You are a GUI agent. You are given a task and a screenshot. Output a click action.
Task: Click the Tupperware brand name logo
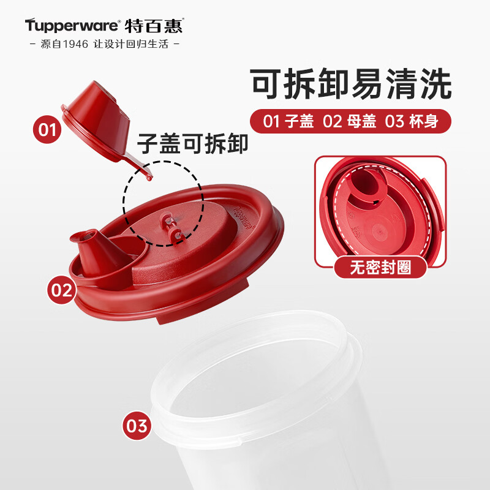(72, 25)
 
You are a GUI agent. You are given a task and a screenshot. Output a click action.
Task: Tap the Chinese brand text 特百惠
(154, 26)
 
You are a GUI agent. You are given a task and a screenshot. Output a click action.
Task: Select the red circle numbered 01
(47, 130)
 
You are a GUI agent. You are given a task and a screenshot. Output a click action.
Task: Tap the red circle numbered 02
(62, 289)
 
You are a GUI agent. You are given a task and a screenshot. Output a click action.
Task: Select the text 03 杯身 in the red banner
(412, 121)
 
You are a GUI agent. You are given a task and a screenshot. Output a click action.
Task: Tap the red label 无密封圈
(380, 267)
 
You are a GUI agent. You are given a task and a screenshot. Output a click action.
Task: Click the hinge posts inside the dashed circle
(171, 225)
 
